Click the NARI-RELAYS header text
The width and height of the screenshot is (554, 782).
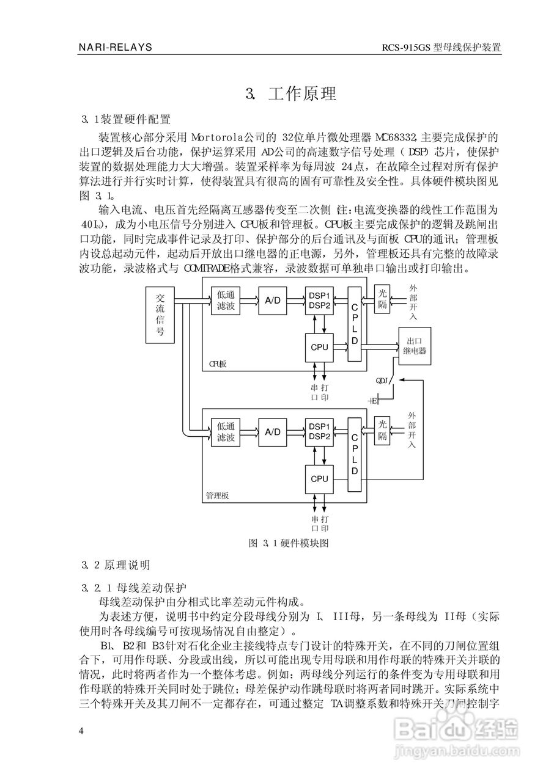click(116, 47)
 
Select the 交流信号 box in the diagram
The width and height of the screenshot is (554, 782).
click(160, 315)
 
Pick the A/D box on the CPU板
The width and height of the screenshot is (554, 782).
click(272, 300)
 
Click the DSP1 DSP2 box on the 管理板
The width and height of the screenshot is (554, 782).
click(319, 431)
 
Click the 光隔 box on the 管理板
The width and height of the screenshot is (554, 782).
click(382, 430)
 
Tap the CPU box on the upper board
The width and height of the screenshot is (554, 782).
click(319, 347)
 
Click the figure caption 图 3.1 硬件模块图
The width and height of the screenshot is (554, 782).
click(289, 543)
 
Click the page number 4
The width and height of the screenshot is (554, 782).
click(81, 731)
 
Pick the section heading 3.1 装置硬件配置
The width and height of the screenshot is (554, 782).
click(126, 119)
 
